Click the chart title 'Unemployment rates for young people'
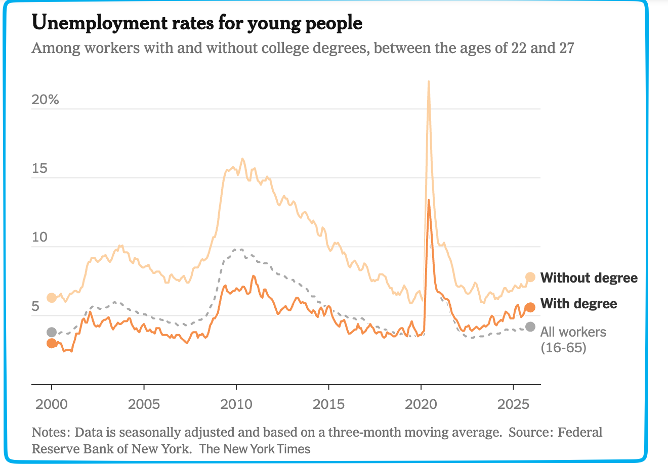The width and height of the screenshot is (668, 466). (197, 23)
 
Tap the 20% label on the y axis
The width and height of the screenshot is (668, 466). (45, 100)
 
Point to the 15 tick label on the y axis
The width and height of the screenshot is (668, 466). (39, 168)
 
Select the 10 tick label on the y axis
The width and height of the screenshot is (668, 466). (39, 238)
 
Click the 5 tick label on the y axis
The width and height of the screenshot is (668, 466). (35, 307)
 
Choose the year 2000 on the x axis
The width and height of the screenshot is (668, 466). (51, 404)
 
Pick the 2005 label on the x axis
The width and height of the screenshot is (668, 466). (144, 404)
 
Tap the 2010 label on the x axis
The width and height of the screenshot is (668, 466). (236, 404)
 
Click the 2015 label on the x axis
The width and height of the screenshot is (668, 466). (328, 404)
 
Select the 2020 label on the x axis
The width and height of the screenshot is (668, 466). (421, 404)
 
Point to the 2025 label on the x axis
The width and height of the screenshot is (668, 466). (513, 404)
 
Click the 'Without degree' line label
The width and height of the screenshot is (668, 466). (589, 277)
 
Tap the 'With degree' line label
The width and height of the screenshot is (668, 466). (578, 304)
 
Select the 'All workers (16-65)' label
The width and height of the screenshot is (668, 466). (573, 339)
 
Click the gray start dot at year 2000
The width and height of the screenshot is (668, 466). (51, 332)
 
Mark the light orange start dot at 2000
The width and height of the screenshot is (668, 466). (51, 298)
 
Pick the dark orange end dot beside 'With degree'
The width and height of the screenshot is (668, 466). (530, 307)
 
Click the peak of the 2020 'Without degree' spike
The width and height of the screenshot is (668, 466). (429, 81)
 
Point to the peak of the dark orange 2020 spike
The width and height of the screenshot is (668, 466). (429, 200)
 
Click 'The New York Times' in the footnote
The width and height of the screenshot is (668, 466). (255, 448)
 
